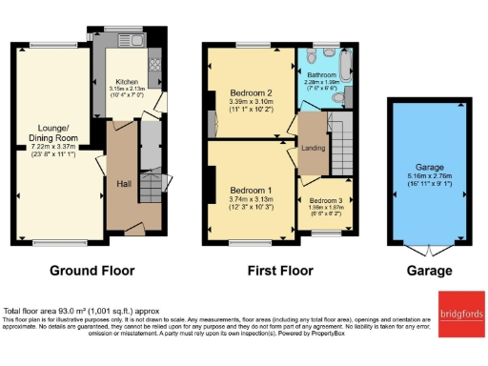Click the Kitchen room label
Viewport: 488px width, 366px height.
point(127,81)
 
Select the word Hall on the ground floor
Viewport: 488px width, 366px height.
point(123,183)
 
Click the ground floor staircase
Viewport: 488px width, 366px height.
point(150,185)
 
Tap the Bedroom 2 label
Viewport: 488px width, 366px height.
point(252,91)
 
